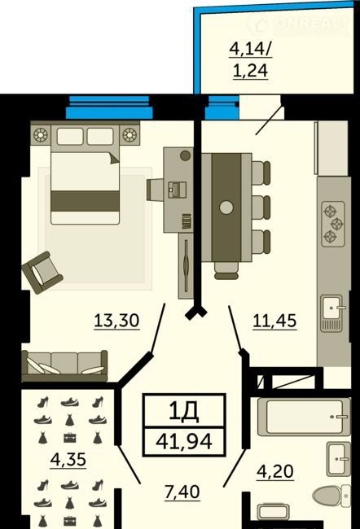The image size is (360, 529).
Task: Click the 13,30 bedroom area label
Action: [116, 321]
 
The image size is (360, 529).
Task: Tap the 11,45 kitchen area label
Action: [274, 321]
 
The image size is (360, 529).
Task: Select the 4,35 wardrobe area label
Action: [68, 460]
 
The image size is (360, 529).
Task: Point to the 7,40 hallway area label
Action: [182, 492]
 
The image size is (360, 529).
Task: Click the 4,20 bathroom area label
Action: [275, 471]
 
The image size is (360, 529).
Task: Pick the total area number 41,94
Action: [184, 441]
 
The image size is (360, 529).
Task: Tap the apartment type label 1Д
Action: [184, 412]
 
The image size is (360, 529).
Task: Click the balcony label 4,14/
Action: [251, 50]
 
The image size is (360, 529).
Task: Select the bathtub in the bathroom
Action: [304, 417]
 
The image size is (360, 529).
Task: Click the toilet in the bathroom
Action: [331, 496]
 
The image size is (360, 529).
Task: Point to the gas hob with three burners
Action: [333, 224]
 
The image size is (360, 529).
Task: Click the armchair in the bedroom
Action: [42, 273]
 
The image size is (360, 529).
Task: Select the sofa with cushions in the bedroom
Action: [64, 366]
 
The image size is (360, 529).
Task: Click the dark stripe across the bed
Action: [85, 201]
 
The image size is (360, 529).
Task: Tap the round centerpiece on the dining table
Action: [226, 208]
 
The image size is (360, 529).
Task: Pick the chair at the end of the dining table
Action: [226, 271]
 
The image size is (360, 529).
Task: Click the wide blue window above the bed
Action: [109, 107]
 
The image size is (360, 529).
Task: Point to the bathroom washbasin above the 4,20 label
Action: [338, 458]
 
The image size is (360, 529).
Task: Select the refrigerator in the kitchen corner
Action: [331, 148]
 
